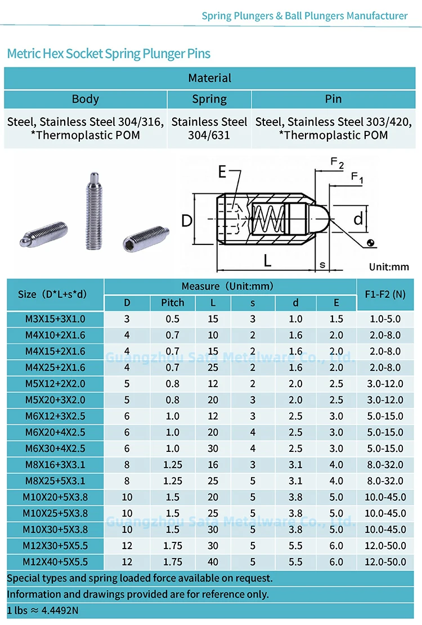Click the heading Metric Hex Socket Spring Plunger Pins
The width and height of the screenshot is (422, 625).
(109, 54)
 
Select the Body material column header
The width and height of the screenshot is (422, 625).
(86, 99)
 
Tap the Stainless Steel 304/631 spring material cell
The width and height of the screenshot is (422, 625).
(209, 128)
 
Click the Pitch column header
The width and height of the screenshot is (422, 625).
(173, 302)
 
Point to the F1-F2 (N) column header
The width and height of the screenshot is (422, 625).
(385, 294)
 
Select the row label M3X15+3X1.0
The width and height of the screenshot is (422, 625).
(56, 319)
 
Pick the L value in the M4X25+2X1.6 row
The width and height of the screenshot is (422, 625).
(213, 368)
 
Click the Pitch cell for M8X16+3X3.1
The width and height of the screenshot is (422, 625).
(173, 465)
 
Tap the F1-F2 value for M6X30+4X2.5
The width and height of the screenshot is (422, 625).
(385, 449)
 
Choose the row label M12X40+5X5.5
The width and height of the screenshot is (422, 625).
(56, 562)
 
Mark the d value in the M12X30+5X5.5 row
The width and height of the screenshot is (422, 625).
(296, 546)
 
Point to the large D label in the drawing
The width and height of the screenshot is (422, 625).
(187, 220)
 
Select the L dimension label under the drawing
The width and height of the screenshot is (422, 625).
(267, 260)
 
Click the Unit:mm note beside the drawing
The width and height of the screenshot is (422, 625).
(388, 267)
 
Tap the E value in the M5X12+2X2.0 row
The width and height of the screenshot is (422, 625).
(336, 383)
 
